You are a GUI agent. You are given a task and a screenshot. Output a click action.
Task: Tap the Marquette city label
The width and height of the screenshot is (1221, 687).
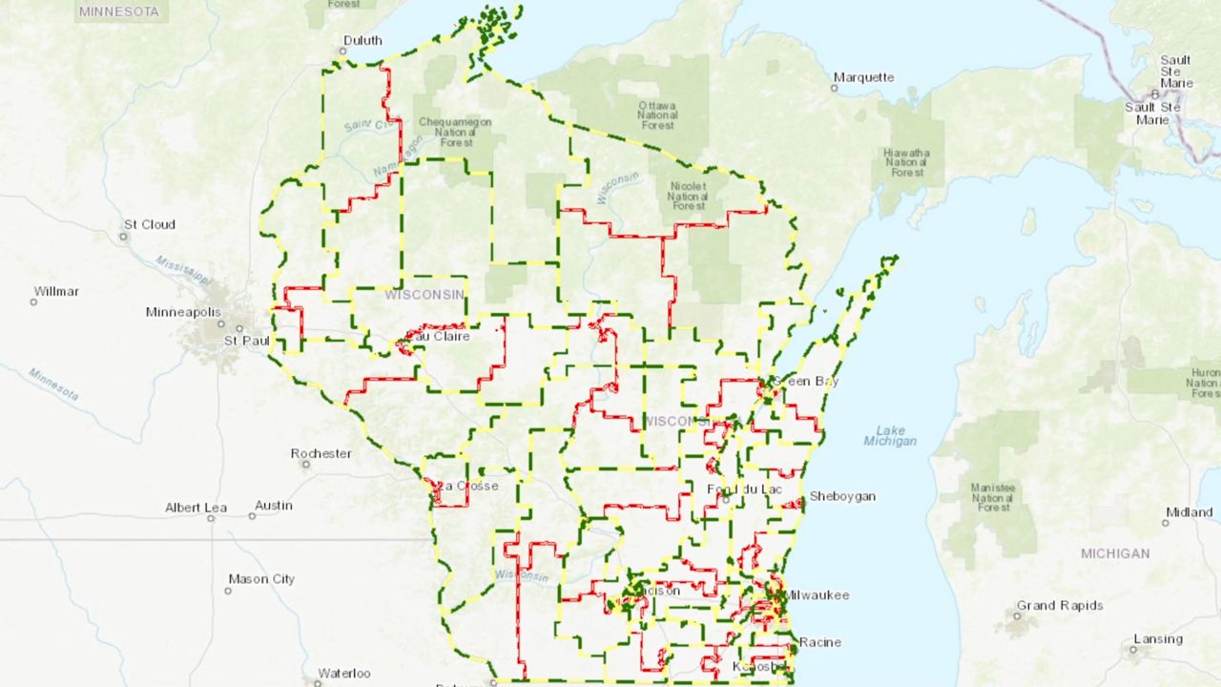[864, 77]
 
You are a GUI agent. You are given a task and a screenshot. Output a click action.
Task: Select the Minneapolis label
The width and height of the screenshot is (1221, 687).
[183, 312]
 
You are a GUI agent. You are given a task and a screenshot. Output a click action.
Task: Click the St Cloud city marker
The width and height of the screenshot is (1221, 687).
[124, 236]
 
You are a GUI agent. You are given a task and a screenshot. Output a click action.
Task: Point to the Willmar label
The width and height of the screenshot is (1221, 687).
[56, 291]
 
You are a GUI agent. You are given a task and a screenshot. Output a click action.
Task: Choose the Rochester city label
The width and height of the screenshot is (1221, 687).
[321, 453]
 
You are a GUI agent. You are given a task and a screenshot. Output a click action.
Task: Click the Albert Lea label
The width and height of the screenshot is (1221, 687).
[196, 508]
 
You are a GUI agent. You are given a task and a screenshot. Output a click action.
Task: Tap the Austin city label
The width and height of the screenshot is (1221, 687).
[274, 505]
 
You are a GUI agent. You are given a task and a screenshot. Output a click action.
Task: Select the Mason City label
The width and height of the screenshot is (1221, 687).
[261, 579]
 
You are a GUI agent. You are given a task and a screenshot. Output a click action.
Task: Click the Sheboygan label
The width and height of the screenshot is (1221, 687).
[842, 496]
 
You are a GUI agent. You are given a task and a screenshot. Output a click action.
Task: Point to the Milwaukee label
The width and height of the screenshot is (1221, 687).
[817, 595]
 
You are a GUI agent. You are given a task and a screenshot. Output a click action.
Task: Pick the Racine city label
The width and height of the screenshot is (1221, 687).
[820, 642]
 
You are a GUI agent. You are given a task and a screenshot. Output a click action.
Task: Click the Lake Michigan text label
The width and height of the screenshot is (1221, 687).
[890, 435]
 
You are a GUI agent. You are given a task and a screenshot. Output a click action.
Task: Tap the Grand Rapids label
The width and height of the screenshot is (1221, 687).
[1059, 606]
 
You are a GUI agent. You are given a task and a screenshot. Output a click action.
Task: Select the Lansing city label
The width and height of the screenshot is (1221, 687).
[1158, 639]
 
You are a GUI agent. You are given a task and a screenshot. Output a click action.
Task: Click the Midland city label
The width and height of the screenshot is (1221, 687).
[1189, 512]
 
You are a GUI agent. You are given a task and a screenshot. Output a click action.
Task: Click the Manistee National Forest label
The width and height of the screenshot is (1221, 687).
[992, 498]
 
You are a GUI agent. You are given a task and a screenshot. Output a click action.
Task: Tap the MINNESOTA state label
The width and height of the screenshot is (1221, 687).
[119, 11]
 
